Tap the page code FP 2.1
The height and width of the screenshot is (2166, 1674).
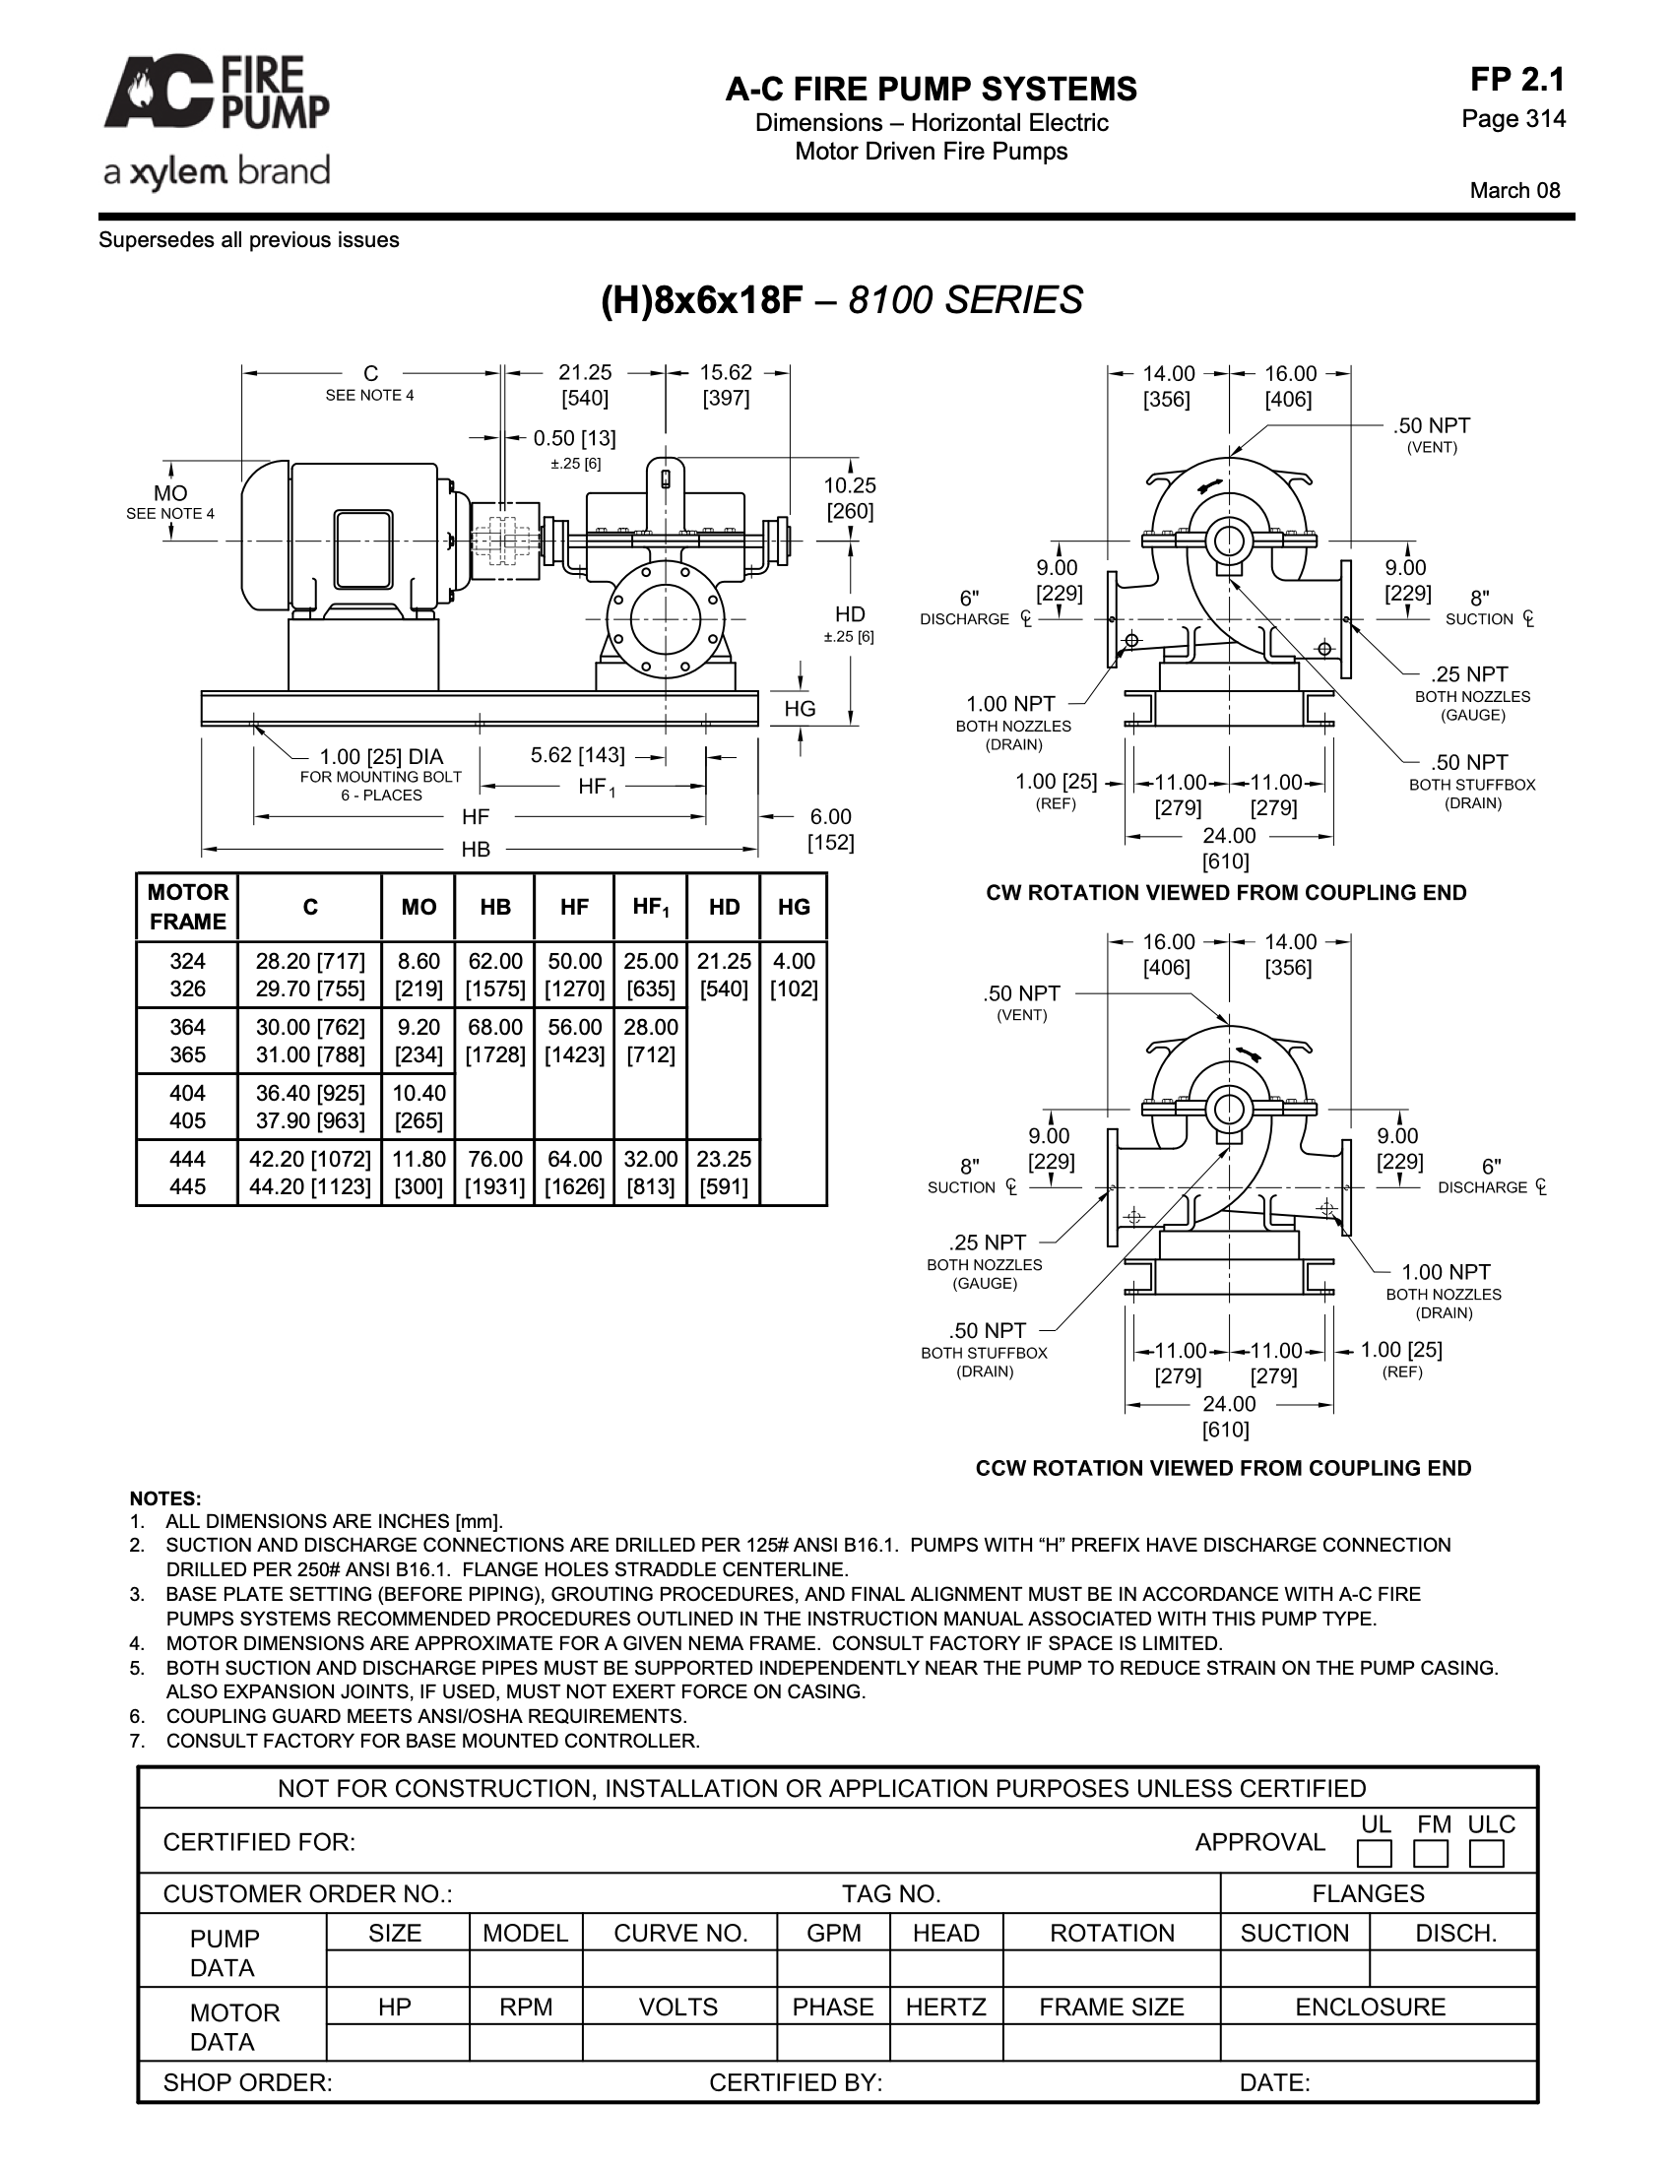tap(1517, 80)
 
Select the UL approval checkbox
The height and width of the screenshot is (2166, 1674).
tap(1375, 1854)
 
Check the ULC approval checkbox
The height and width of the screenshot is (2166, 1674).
tap(1487, 1854)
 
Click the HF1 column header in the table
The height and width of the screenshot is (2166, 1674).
tap(651, 907)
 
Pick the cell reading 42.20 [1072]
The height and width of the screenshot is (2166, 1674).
tap(309, 1159)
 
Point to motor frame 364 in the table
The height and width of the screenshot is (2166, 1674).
tap(187, 1027)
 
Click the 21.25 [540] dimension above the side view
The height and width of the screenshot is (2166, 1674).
tap(585, 385)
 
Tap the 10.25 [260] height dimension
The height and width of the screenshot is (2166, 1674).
tap(850, 498)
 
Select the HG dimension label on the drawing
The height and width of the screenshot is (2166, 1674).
tap(800, 708)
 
